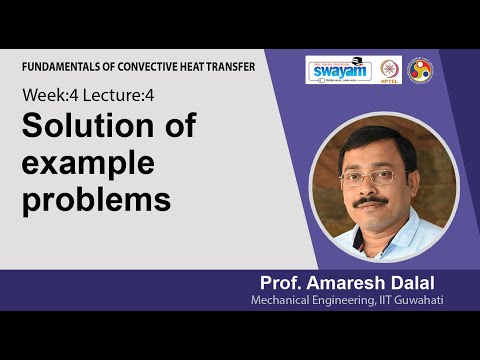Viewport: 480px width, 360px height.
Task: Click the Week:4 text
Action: [x=47, y=97]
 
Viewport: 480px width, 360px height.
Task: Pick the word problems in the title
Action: [x=96, y=199]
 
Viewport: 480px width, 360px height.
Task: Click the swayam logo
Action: [x=338, y=70]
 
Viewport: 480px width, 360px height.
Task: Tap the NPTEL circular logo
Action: [x=390, y=70]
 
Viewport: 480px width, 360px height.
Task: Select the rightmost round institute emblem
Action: [x=420, y=70]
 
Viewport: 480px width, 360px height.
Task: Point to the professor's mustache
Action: [x=371, y=201]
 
